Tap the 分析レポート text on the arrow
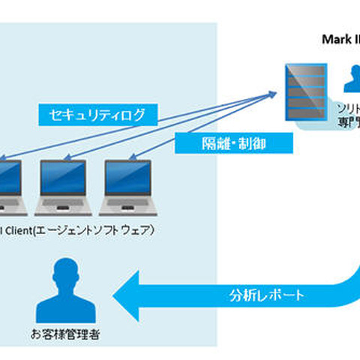268,295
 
